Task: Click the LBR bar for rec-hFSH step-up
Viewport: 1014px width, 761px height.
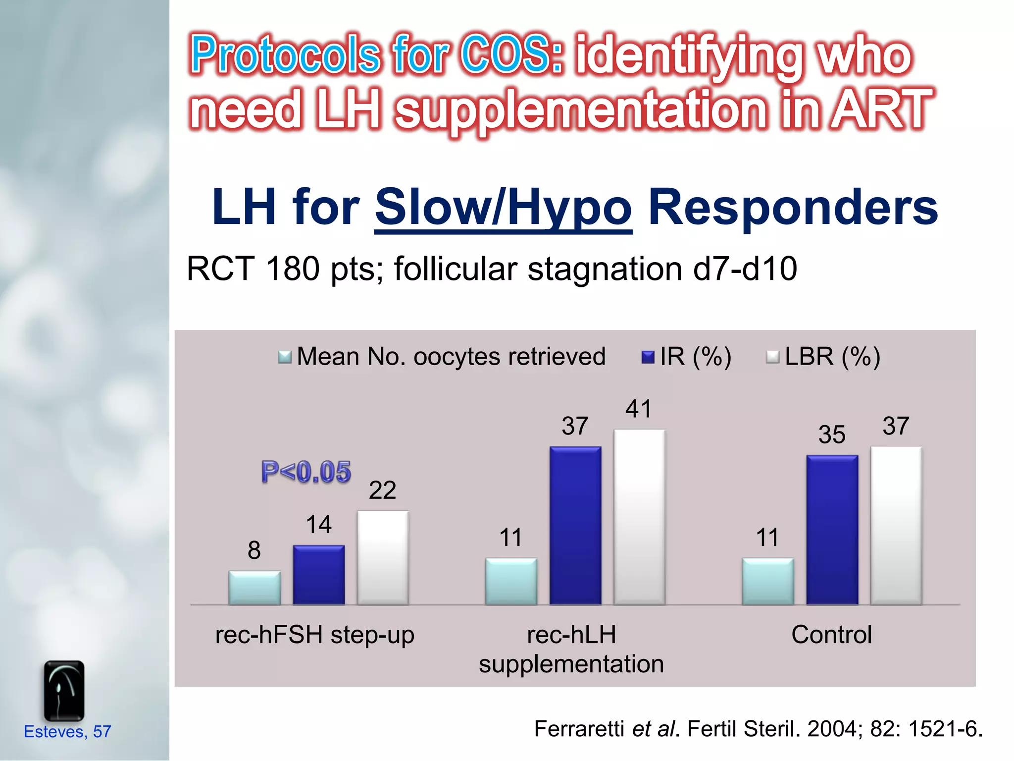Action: point(383,557)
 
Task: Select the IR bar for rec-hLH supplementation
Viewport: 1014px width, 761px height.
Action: point(575,525)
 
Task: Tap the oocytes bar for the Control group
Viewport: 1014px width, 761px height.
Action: point(767,581)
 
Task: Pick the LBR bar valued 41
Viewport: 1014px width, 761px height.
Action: point(639,517)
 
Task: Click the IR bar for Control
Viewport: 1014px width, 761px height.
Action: point(832,530)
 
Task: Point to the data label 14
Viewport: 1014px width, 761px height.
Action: point(318,525)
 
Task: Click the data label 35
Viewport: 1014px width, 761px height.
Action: point(832,435)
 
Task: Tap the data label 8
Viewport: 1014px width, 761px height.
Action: point(254,550)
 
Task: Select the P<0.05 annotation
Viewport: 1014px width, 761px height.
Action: point(306,471)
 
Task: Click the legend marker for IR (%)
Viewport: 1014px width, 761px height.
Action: point(648,357)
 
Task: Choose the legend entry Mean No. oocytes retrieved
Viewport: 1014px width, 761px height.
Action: point(451,357)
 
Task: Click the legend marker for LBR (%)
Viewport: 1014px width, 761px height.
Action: point(772,357)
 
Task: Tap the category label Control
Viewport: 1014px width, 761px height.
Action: point(831,635)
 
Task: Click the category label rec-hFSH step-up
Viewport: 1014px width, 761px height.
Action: point(314,635)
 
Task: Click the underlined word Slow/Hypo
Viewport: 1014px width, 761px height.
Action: point(503,208)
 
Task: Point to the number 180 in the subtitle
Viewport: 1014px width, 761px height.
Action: point(292,269)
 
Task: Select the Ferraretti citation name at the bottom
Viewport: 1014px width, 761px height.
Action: point(580,729)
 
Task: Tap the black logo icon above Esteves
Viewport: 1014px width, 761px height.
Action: point(64,691)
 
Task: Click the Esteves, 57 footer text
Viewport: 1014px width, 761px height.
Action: point(67,732)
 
